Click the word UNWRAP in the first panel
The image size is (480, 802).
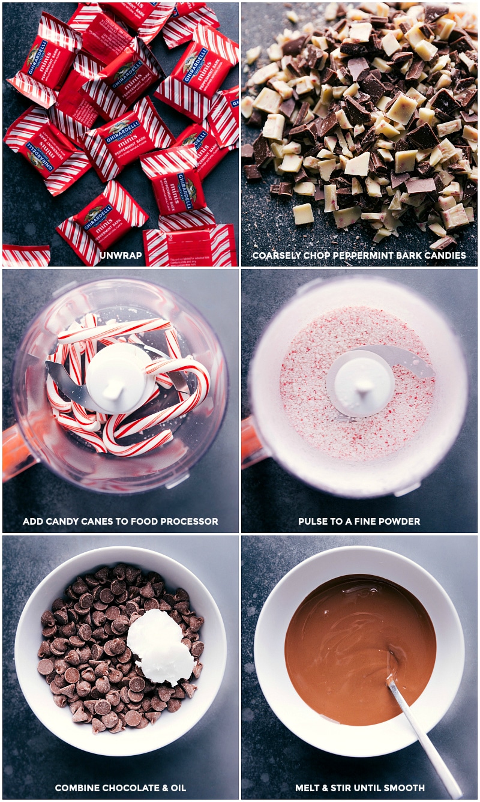121,255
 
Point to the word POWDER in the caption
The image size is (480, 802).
400,521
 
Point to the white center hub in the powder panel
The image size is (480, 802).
360,384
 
